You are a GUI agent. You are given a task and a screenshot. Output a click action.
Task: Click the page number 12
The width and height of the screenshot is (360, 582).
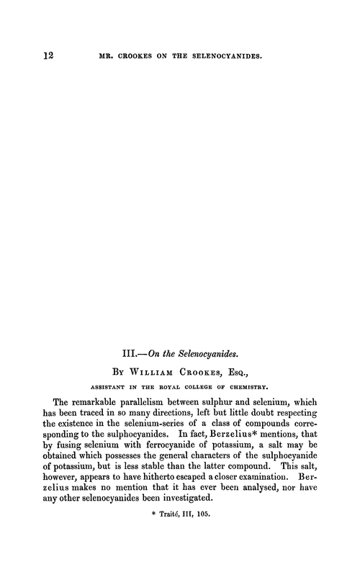[30, 54]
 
